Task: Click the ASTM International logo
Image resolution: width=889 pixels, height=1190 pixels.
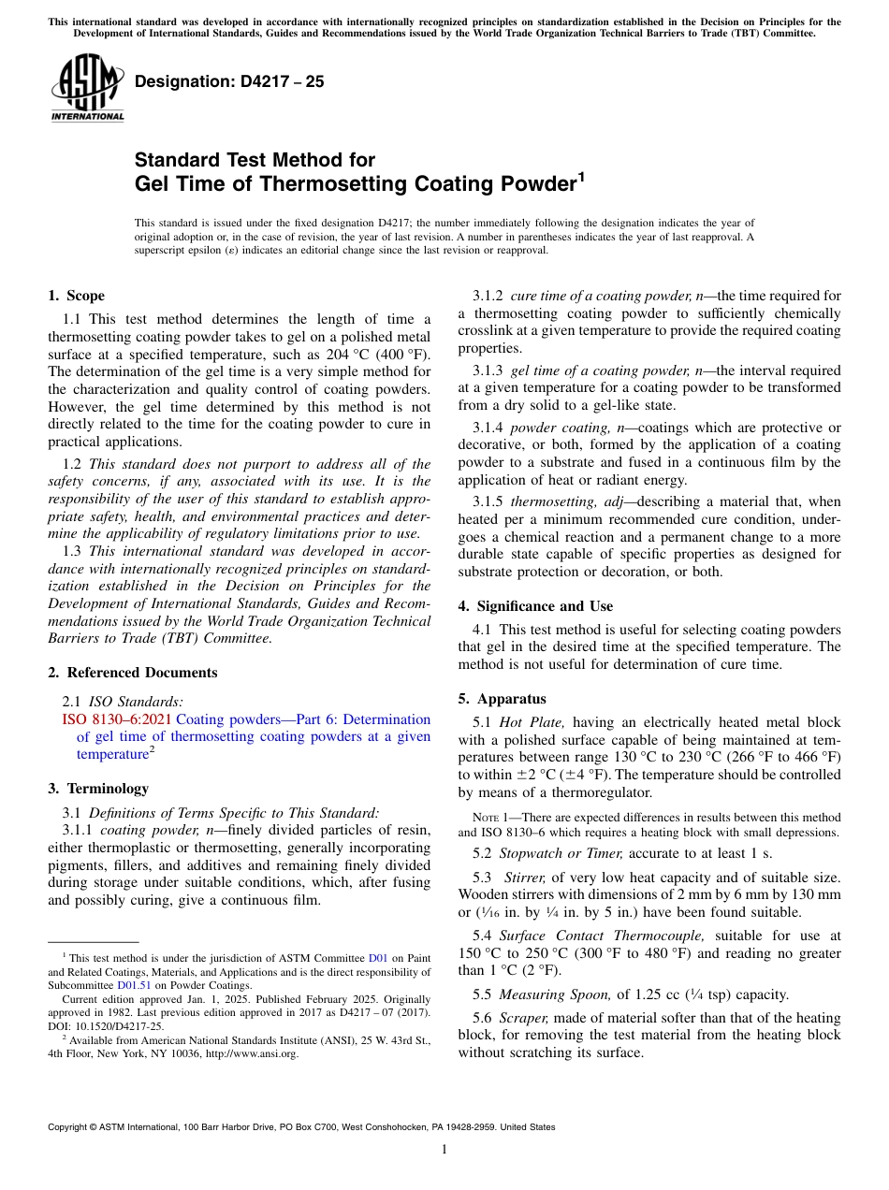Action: click(87, 89)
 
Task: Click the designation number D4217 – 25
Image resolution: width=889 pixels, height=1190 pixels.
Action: click(229, 81)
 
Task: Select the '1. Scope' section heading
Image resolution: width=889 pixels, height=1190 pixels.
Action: click(76, 296)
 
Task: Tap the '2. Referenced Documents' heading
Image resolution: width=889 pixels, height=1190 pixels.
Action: click(132, 673)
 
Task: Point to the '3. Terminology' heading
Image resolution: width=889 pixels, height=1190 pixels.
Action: click(98, 789)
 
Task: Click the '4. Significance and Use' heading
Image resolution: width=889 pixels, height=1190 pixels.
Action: click(535, 606)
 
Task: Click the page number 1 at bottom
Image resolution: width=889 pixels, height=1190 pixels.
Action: click(444, 1149)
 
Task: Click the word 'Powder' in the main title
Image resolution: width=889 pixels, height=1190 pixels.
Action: click(527, 184)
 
